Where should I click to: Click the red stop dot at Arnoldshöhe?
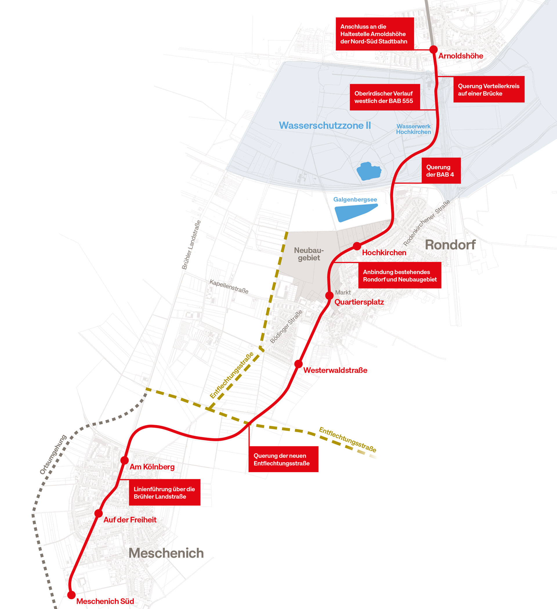(433, 49)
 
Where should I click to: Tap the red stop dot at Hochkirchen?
(357, 246)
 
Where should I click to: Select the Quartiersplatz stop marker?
(330, 296)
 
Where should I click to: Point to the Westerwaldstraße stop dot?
(298, 364)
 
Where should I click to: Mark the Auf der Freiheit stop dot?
(99, 513)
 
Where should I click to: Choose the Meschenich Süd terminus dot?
(71, 595)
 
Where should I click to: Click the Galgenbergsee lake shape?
(355, 212)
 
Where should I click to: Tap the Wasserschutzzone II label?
(325, 125)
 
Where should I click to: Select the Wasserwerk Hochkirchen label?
(413, 129)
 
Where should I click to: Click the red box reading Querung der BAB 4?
(441, 171)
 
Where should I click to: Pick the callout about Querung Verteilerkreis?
(489, 89)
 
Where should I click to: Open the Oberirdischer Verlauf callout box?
(385, 97)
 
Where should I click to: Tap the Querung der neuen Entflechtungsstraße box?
(283, 459)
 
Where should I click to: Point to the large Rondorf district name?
(450, 245)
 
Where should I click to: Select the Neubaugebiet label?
(309, 254)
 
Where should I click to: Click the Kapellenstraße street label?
(229, 287)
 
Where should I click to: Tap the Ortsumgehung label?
(53, 455)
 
